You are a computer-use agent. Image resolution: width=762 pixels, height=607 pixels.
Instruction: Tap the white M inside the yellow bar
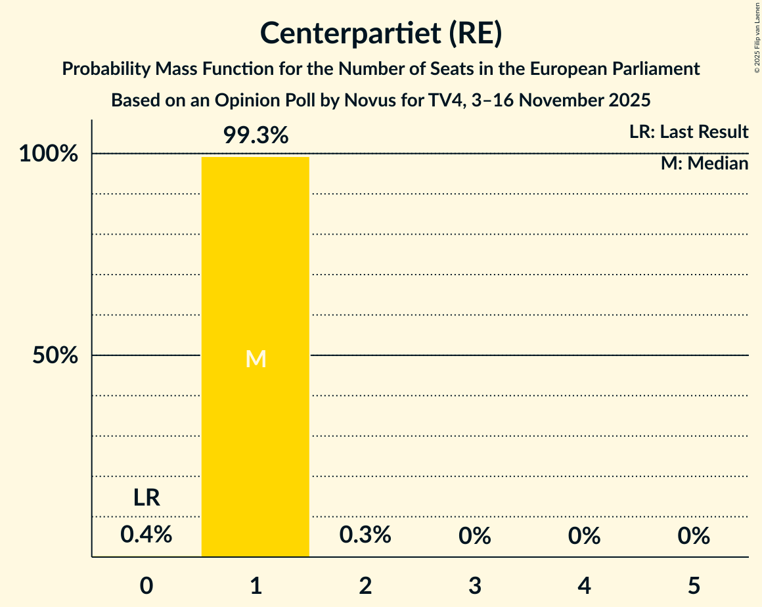256,359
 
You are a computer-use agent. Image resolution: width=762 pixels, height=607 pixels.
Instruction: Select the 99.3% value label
256,135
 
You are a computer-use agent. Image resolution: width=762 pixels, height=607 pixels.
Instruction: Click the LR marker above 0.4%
146,498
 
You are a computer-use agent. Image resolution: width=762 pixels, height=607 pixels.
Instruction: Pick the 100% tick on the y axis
49,154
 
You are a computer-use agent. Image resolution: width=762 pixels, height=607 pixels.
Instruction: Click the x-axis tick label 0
146,585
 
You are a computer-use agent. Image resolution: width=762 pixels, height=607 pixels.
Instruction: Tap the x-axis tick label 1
256,585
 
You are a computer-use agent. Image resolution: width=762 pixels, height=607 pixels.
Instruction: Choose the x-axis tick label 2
365,585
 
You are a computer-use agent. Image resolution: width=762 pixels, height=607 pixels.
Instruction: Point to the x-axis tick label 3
475,585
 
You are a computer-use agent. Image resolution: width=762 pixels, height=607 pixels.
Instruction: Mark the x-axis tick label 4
585,585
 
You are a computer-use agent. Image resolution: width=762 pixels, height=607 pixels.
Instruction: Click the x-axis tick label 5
694,585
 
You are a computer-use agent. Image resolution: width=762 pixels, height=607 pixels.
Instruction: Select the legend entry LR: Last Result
688,132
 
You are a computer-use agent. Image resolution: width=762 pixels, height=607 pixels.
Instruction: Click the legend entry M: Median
704,164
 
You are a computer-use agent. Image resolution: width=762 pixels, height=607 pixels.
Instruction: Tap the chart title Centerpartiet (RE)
381,33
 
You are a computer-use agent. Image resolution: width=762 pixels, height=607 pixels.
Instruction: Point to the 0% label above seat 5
694,536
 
